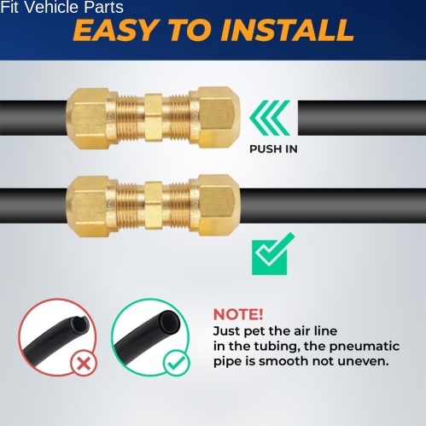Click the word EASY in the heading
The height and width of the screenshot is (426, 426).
tap(115, 30)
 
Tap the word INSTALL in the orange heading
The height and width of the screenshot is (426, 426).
tap(287, 30)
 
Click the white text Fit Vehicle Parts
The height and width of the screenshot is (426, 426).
tap(61, 7)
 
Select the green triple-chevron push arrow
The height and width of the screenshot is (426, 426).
tap(270, 118)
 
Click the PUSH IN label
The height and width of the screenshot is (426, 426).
tap(273, 149)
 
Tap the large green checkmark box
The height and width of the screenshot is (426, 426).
tap(272, 254)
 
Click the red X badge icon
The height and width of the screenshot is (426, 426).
tap(84, 363)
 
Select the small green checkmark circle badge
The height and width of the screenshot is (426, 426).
tap(177, 362)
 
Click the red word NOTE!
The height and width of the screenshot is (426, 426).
tap(238, 314)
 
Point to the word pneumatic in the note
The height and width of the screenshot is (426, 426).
tap(365, 347)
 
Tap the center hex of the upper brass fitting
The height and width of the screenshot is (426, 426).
tap(154, 118)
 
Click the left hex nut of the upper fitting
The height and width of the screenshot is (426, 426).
tap(88, 118)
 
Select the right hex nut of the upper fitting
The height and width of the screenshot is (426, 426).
tap(219, 117)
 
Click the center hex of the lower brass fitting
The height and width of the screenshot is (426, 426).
tap(154, 205)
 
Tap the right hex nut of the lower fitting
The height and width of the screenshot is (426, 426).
tap(219, 205)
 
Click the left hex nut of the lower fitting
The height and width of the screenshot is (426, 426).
tap(88, 206)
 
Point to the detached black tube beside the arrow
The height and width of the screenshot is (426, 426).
tap(362, 118)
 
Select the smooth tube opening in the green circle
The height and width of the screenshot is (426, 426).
tap(170, 322)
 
